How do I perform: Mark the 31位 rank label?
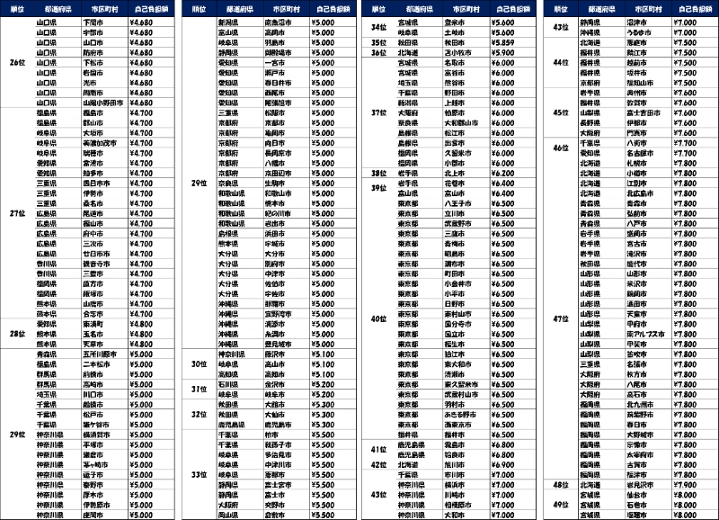pyautogui.click(x=199, y=389)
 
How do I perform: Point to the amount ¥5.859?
pyautogui.click(x=503, y=42)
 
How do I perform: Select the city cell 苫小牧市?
pyautogui.click(x=454, y=52)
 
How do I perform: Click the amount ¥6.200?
pyautogui.click(x=503, y=174)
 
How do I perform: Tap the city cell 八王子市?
pyautogui.click(x=454, y=204)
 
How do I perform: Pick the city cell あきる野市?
pyautogui.click(x=454, y=415)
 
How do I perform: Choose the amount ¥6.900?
pyautogui.click(x=503, y=465)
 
